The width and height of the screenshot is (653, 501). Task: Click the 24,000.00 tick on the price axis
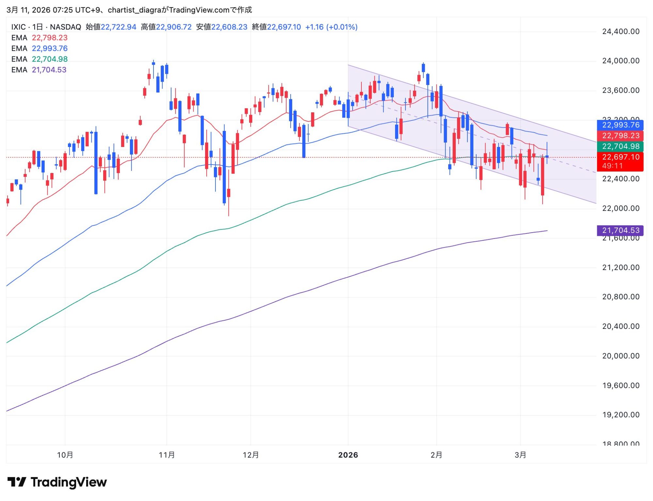pyautogui.click(x=621, y=61)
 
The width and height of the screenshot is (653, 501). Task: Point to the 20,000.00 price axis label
pyautogui.click(x=621, y=356)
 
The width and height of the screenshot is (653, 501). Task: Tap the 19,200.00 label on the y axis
pyautogui.click(x=621, y=415)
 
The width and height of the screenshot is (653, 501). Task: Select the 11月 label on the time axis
pyautogui.click(x=167, y=455)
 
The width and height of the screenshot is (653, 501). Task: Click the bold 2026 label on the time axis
pyautogui.click(x=348, y=455)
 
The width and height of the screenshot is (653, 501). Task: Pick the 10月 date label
pyautogui.click(x=65, y=455)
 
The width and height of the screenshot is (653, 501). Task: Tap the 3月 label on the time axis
pyautogui.click(x=520, y=455)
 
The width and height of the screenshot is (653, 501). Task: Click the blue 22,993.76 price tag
pyautogui.click(x=620, y=125)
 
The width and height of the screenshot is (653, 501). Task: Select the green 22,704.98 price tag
pyautogui.click(x=620, y=146)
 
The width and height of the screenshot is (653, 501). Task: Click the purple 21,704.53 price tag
pyautogui.click(x=620, y=231)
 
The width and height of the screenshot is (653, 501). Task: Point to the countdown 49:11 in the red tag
pyautogui.click(x=613, y=166)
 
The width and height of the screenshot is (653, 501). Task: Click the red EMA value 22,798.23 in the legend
pyautogui.click(x=50, y=38)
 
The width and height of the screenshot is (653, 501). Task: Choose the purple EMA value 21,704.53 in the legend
pyautogui.click(x=49, y=70)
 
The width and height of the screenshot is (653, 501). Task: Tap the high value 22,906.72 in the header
pyautogui.click(x=174, y=27)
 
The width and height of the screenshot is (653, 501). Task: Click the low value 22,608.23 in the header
pyautogui.click(x=229, y=27)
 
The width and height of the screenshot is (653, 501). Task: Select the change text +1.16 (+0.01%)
pyautogui.click(x=331, y=27)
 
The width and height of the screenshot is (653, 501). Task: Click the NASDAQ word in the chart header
pyautogui.click(x=65, y=27)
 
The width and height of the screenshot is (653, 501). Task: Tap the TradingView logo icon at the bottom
pyautogui.click(x=17, y=482)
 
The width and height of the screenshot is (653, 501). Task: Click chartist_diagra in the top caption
pyautogui.click(x=135, y=10)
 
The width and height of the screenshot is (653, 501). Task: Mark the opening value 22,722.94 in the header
pyautogui.click(x=118, y=27)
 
